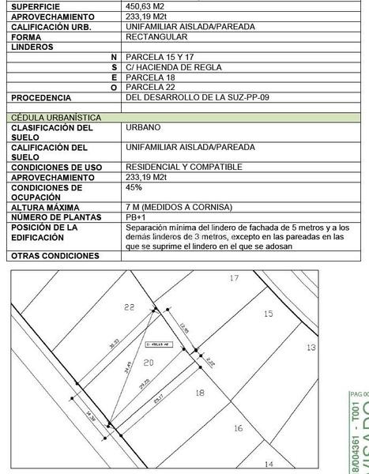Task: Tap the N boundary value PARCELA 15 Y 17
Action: coord(160,57)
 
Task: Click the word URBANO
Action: coord(143,127)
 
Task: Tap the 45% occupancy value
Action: coord(134,188)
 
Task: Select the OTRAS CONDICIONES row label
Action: coord(55,256)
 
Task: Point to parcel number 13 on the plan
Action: coord(311,348)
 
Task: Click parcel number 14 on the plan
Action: coord(269,465)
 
